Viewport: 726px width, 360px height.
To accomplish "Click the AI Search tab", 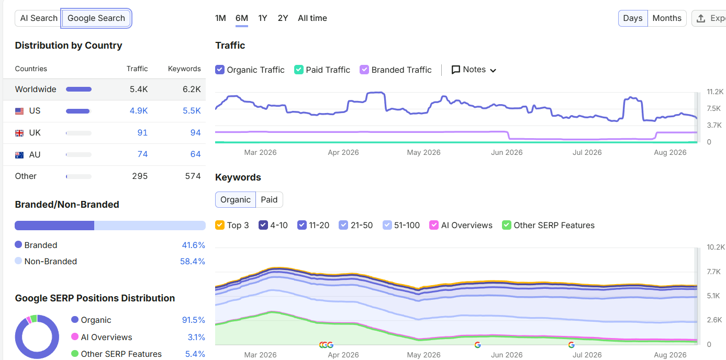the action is click(x=39, y=18).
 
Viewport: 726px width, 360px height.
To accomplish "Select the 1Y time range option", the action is click(x=263, y=18).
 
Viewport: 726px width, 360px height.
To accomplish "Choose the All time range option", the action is click(x=312, y=18).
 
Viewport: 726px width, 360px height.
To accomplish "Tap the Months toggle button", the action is click(x=667, y=18).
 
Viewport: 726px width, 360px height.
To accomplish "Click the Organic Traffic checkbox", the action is click(x=220, y=70).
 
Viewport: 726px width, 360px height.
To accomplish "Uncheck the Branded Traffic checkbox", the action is click(x=364, y=70).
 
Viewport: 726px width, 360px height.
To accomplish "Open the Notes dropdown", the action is click(x=474, y=70).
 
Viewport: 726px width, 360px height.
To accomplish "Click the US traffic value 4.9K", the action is click(x=139, y=111).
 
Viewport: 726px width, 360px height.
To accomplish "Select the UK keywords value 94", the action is click(x=195, y=132).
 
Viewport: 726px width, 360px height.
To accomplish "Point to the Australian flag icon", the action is click(x=19, y=155).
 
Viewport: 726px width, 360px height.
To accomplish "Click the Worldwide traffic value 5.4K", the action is click(x=139, y=89).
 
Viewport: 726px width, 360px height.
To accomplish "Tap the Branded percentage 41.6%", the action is click(x=194, y=245).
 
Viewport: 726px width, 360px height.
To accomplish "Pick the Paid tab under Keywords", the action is click(x=269, y=199).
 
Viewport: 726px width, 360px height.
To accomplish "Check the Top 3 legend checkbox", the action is click(x=220, y=225).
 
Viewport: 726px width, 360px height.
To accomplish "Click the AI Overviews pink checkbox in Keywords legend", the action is click(x=433, y=225).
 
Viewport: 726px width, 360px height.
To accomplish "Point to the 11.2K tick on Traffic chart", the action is click(x=714, y=92).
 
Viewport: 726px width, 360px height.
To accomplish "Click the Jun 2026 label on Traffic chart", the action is click(x=507, y=152).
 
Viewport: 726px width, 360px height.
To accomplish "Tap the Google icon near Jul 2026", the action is click(x=572, y=345).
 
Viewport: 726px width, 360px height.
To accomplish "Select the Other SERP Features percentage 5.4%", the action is click(x=195, y=354).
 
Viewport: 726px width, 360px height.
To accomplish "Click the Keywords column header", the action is click(x=184, y=69).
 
